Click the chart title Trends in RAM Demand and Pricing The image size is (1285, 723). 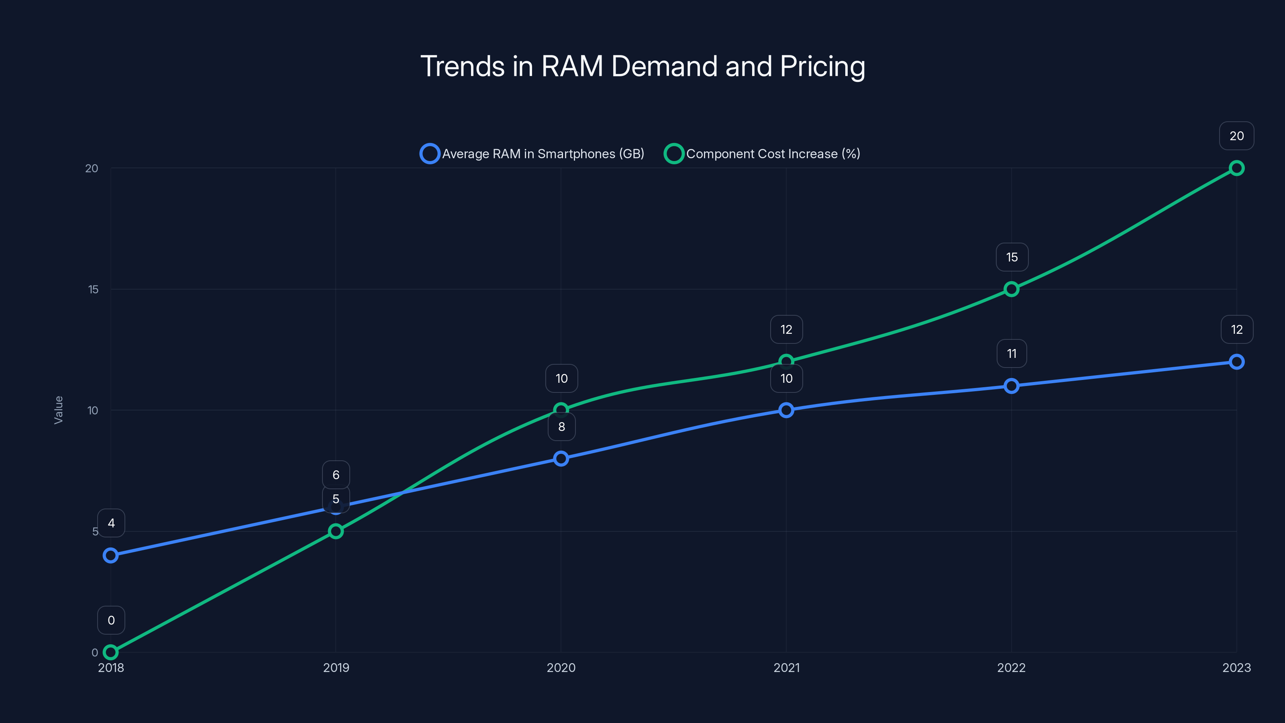(x=642, y=66)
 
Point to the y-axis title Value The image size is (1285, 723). (x=58, y=410)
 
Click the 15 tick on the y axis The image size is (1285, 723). (x=93, y=289)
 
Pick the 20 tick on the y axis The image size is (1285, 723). (x=92, y=168)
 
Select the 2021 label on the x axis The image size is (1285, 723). (x=786, y=668)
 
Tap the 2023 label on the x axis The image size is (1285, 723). (x=1236, y=668)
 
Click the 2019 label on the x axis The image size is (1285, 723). (x=336, y=668)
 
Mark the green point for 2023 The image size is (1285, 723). (x=1236, y=168)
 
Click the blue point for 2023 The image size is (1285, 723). (x=1236, y=362)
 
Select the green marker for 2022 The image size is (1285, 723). (x=1011, y=289)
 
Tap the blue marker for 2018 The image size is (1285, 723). (x=111, y=556)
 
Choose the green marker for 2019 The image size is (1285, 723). (x=336, y=531)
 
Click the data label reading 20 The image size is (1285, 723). (x=1236, y=136)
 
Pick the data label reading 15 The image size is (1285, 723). (x=1012, y=257)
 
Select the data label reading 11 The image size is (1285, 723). (x=1012, y=353)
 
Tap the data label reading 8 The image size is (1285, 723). (x=561, y=427)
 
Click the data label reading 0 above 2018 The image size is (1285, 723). (x=111, y=620)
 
